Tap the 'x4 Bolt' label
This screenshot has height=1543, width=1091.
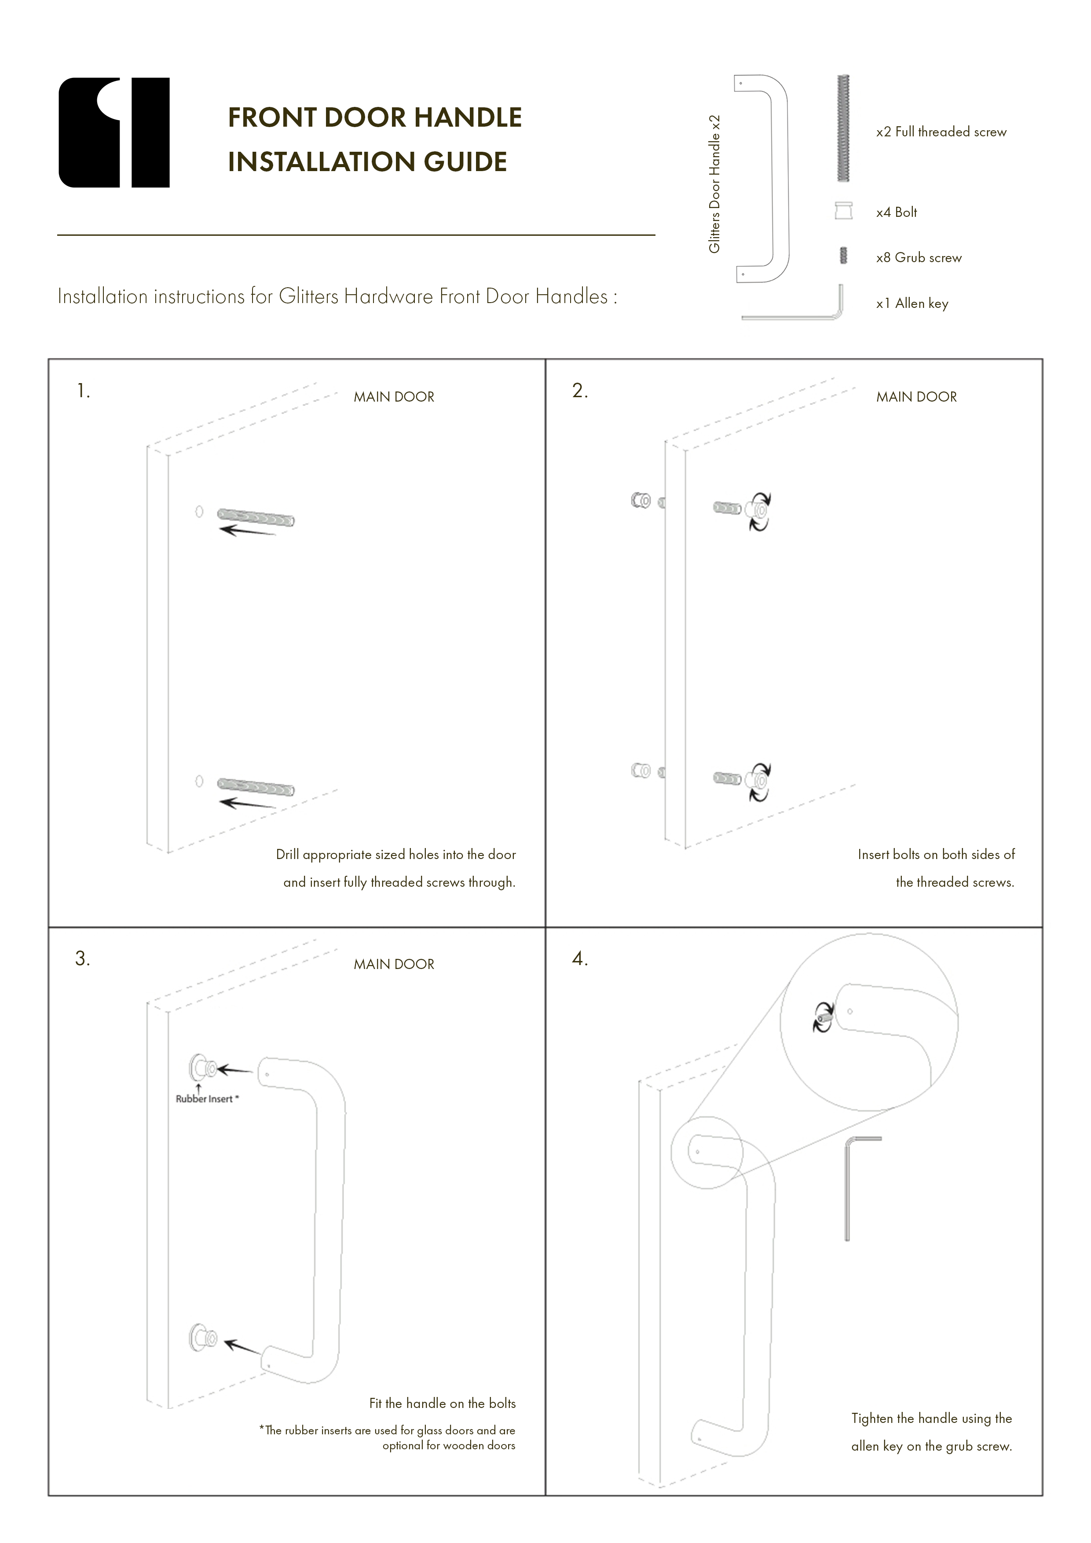(x=896, y=212)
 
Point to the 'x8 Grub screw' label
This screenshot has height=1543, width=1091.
(x=918, y=258)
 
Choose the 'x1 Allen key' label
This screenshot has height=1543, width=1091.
(x=912, y=304)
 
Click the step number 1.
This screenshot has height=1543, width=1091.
(x=83, y=391)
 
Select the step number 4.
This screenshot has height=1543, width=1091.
(x=579, y=959)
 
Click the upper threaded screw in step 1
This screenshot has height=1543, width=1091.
(x=256, y=517)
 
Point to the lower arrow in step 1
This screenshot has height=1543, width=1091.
(x=247, y=803)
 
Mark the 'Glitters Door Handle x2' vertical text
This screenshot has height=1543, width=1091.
(x=714, y=184)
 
